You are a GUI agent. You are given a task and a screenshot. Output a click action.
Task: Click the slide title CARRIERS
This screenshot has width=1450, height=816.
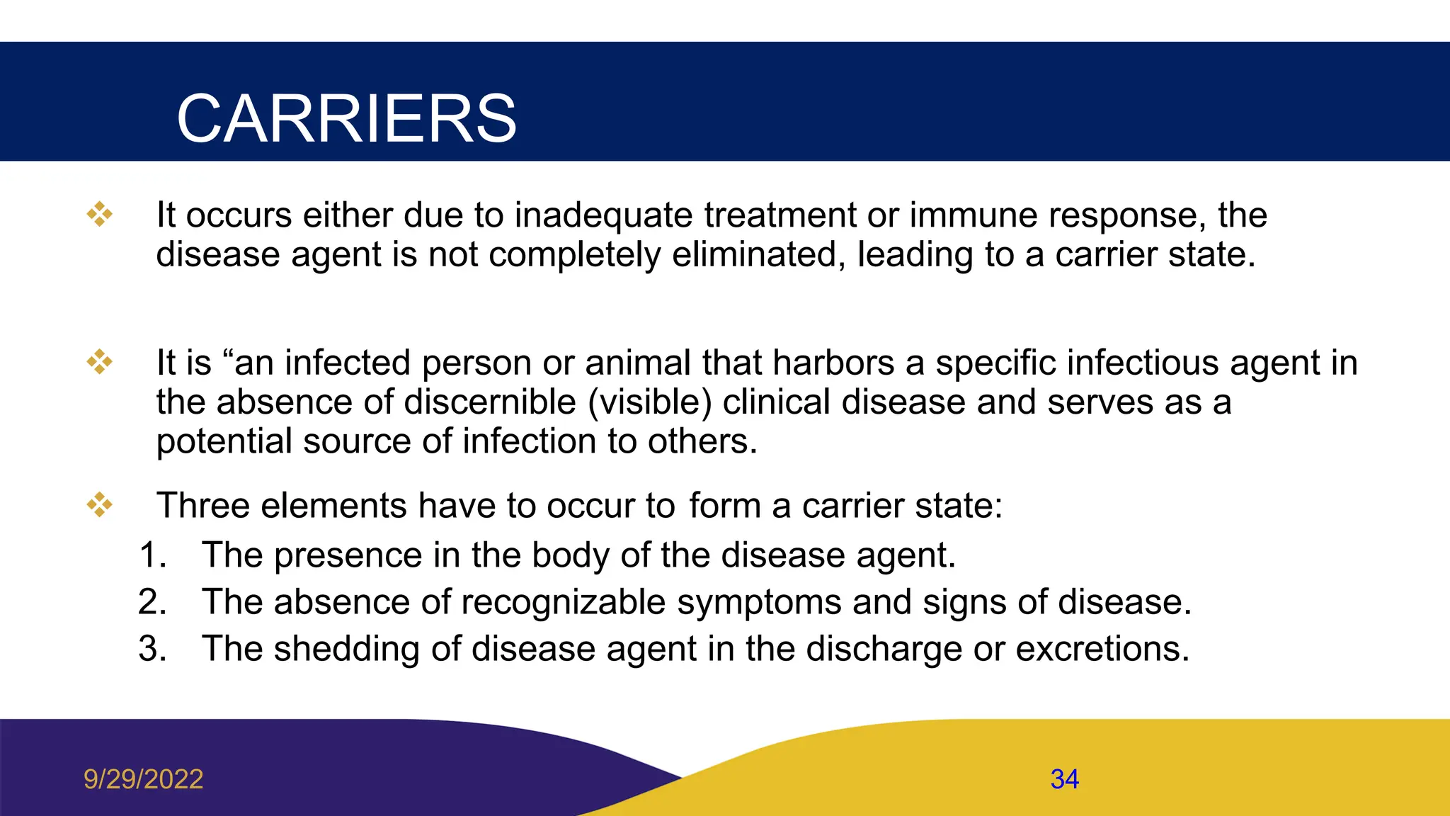346,118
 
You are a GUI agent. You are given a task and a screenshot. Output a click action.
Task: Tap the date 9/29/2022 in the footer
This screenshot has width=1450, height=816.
143,779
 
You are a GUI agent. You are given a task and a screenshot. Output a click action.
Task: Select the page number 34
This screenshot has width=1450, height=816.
1064,779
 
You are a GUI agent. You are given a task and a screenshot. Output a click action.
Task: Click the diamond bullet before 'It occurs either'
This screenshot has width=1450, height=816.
100,214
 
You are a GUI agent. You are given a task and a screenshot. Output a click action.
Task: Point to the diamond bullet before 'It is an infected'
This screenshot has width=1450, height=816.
100,362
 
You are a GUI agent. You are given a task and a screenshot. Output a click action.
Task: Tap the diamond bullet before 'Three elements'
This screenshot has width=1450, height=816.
100,505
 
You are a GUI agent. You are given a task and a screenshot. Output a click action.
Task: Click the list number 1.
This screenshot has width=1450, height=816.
152,555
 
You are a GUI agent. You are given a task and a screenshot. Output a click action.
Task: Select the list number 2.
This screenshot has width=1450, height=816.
152,602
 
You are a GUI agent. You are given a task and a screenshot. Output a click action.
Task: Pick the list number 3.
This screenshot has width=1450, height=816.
152,649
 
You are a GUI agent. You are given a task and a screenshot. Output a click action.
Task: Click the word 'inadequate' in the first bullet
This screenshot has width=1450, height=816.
603,215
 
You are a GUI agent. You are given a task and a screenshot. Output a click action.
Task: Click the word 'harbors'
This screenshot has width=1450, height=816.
833,363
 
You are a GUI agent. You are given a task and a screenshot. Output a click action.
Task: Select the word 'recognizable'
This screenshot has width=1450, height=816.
564,603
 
